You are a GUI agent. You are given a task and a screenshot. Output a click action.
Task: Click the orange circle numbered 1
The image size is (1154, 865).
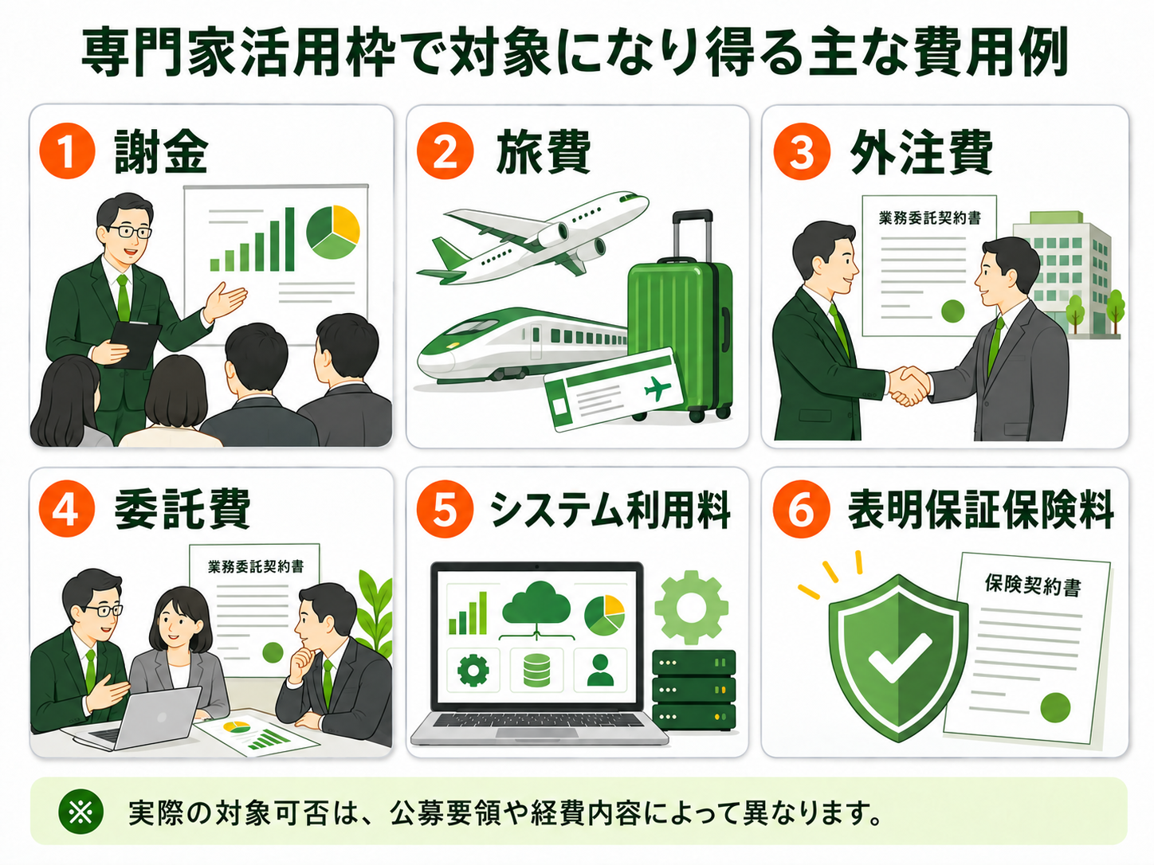click(67, 151)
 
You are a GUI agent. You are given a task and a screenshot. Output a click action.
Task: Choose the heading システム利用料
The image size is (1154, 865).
click(610, 510)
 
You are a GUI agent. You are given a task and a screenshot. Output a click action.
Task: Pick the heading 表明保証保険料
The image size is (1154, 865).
click(981, 510)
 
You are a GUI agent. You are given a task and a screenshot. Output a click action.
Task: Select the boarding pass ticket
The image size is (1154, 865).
click(614, 390)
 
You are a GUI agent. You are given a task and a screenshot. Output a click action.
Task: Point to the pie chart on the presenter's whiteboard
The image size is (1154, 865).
click(333, 232)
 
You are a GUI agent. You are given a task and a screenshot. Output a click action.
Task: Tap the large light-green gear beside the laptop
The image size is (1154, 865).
click(691, 608)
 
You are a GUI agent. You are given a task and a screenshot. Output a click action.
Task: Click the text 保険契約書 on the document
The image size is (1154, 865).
click(1033, 585)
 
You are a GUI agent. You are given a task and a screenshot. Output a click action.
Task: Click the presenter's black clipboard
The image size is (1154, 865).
click(135, 344)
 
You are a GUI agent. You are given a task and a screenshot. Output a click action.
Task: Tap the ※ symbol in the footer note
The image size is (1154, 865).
click(81, 812)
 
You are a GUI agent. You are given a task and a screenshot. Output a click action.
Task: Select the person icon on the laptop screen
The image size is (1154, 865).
click(600, 670)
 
